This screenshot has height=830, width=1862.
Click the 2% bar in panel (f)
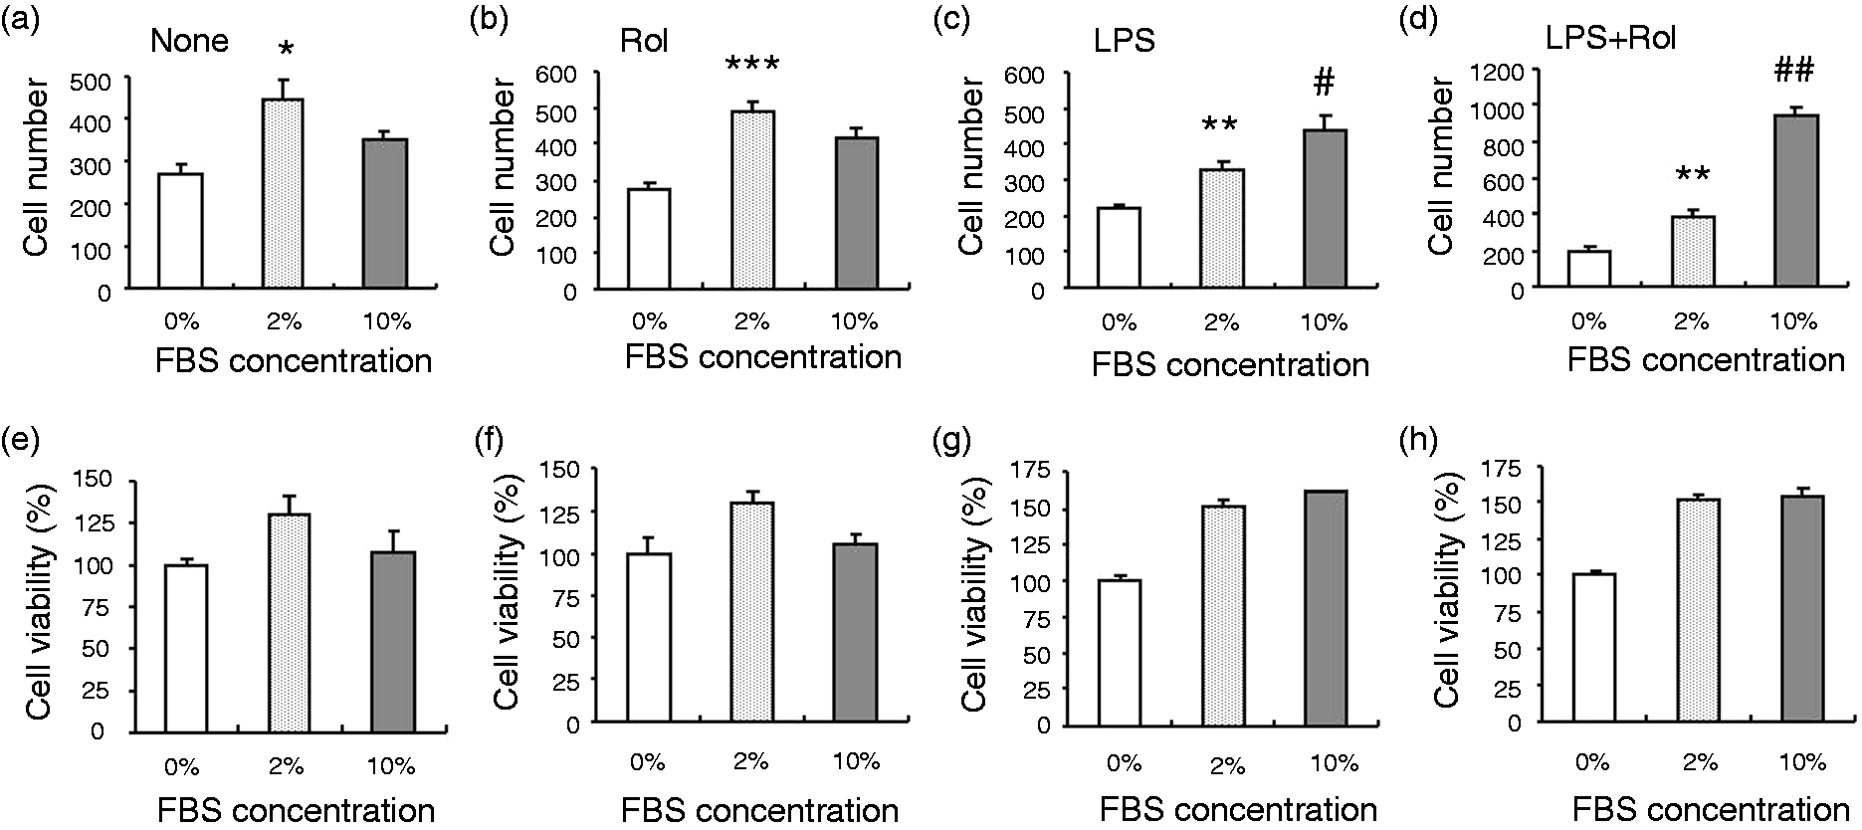pyautogui.click(x=751, y=612)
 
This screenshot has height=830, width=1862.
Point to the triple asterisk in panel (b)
pyautogui.click(x=752, y=67)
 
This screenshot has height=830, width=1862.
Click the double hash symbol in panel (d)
pyautogui.click(x=1793, y=72)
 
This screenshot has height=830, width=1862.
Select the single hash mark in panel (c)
pyautogui.click(x=1324, y=84)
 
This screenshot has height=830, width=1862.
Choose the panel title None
pyautogui.click(x=189, y=41)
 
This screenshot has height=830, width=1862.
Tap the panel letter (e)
pyautogui.click(x=22, y=441)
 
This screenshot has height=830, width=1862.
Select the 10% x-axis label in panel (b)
pyautogui.click(x=854, y=321)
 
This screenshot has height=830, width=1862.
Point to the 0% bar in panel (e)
pyautogui.click(x=186, y=648)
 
